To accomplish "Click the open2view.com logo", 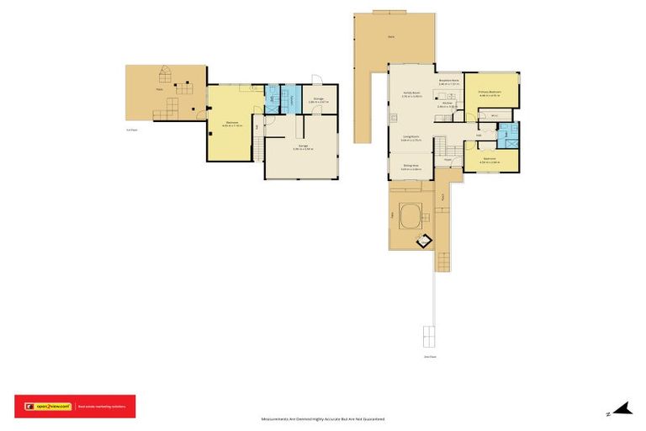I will [48, 406].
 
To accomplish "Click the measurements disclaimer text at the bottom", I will [323, 418].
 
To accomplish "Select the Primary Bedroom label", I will [490, 93].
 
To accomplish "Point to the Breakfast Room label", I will [449, 82].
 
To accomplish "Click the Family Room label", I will [410, 95].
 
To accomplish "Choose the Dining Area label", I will [410, 168].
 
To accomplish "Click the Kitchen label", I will [447, 104].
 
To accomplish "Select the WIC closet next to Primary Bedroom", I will [495, 114].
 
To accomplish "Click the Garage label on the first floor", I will [303, 146].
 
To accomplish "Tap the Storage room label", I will [319, 100].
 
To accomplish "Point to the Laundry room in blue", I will [291, 100].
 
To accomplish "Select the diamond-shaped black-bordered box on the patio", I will [426, 240].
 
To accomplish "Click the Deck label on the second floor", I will [392, 36].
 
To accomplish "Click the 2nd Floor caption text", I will [430, 357].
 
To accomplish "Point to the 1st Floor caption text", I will [131, 130].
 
